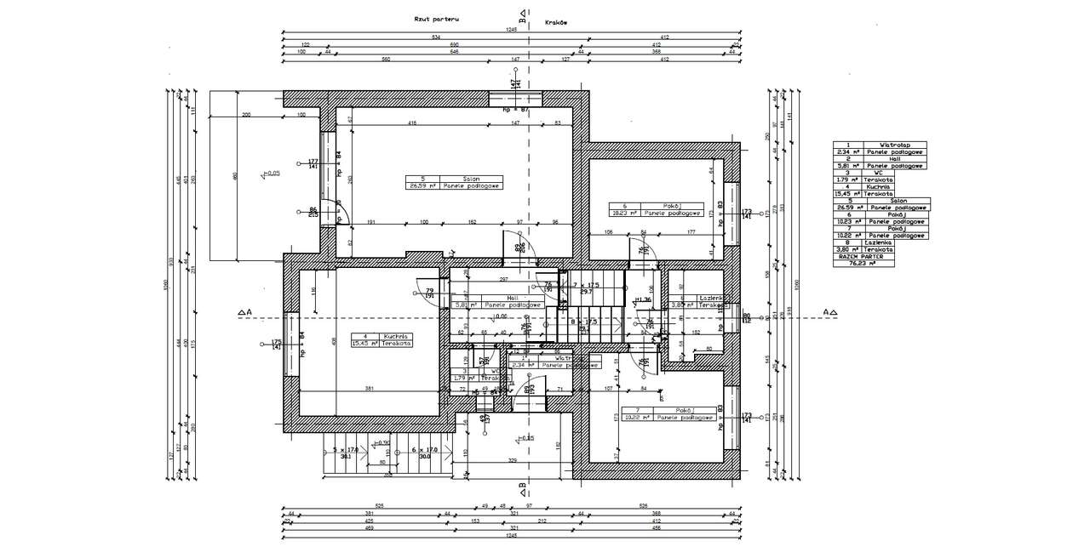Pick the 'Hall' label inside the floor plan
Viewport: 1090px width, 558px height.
(513, 298)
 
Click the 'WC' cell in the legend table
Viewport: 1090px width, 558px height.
(895, 173)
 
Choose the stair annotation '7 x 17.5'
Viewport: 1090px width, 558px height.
(587, 284)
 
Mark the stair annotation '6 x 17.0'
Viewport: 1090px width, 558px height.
(424, 449)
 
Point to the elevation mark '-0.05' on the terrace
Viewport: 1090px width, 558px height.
(271, 173)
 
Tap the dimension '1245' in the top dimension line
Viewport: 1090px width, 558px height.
(511, 31)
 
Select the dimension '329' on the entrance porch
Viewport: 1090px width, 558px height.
(513, 459)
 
